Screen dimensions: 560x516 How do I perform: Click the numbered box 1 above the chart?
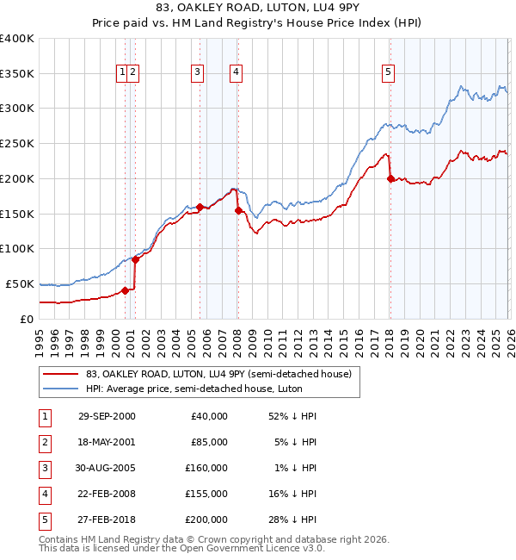coord(124,73)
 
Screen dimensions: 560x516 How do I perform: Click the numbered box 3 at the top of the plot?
coord(198,73)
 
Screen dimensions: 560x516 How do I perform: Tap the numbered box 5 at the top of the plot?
coord(389,73)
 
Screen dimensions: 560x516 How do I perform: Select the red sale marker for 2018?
coord(390,178)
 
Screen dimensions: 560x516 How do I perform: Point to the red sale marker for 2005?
coord(200,207)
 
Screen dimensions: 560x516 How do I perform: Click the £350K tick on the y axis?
coord(17,73)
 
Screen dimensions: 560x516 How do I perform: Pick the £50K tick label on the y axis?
coord(20,283)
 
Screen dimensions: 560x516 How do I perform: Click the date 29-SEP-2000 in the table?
coord(107,415)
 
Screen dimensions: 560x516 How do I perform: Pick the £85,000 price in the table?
coord(209,441)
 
